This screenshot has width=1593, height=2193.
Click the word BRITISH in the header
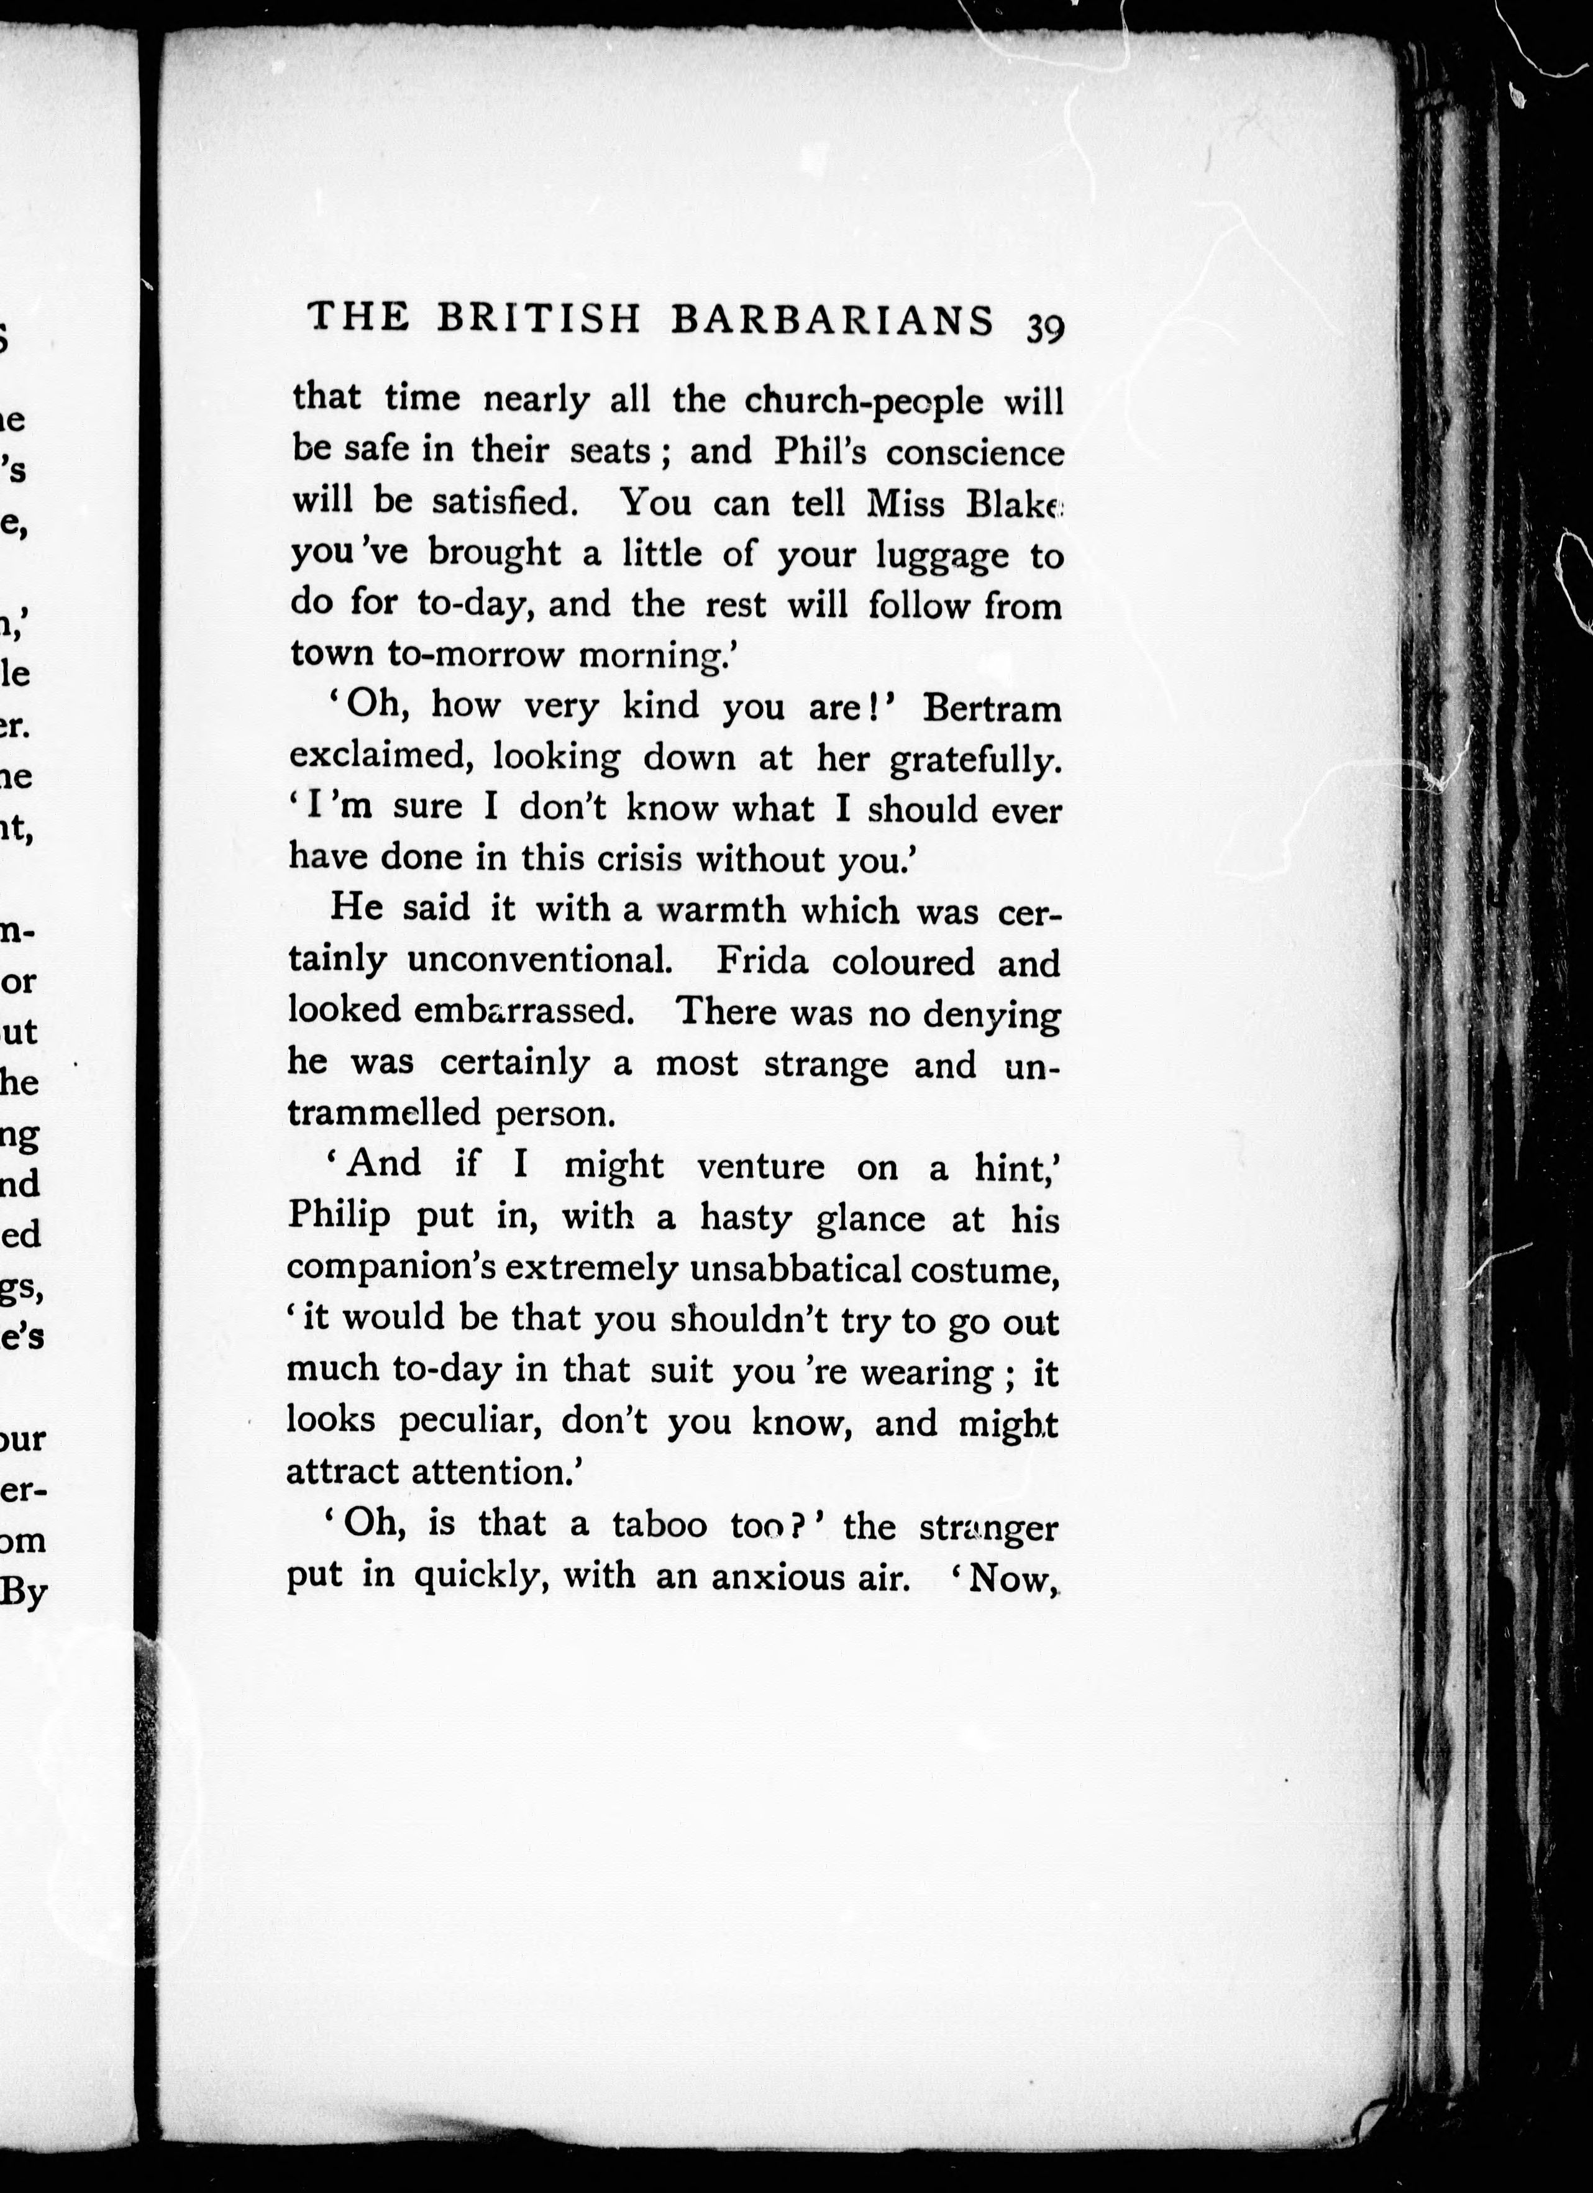coord(539,320)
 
